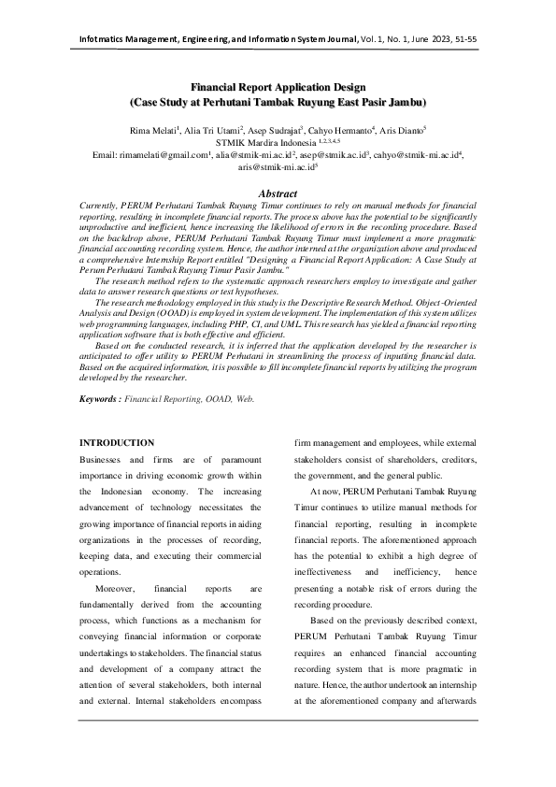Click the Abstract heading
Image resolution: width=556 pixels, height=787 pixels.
click(278, 193)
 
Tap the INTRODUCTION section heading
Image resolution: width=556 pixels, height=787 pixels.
click(117, 442)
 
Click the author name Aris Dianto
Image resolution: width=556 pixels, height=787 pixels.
click(403, 129)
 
